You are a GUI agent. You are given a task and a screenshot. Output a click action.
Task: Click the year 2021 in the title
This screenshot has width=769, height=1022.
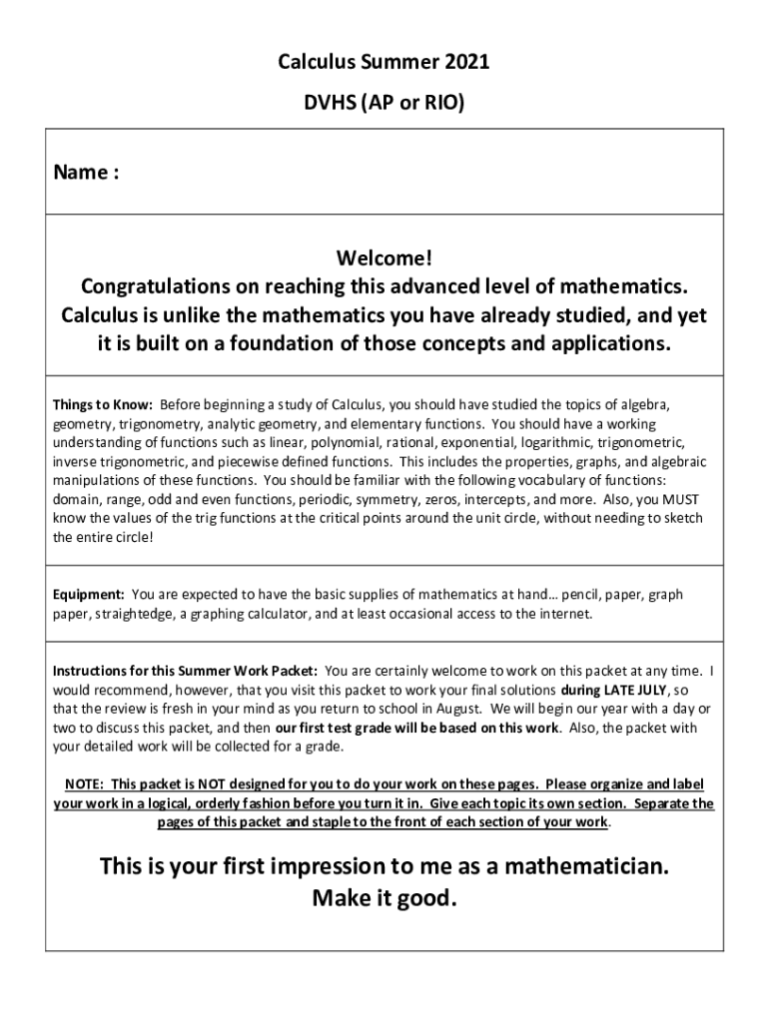pyautogui.click(x=465, y=65)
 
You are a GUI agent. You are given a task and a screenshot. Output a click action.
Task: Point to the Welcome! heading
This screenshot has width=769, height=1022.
pyautogui.click(x=384, y=259)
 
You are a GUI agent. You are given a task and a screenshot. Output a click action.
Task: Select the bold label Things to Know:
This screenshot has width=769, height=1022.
pyautogui.click(x=103, y=405)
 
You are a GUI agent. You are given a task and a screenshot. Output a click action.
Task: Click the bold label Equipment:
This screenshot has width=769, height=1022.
pyautogui.click(x=89, y=595)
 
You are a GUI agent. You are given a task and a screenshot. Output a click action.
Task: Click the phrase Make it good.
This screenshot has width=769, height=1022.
pyautogui.click(x=384, y=898)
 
